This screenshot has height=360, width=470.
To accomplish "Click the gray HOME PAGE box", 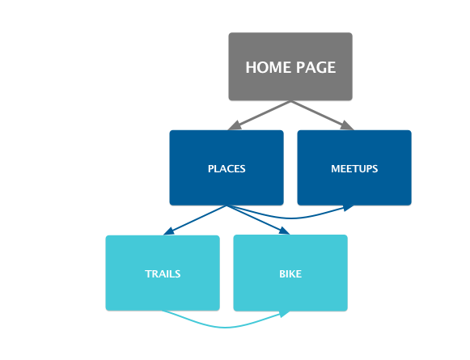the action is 290,66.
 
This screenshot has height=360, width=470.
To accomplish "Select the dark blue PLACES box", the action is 227,167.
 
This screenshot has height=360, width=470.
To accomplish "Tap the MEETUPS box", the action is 354,167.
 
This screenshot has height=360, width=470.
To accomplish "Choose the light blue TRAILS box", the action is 163,273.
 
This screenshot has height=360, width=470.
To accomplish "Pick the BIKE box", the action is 290,273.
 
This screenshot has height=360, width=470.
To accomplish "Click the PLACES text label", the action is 227,169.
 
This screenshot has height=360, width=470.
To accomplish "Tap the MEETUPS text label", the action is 354,169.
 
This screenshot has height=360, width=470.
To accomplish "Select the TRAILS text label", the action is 163,274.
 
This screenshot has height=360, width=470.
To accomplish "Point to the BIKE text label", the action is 290,274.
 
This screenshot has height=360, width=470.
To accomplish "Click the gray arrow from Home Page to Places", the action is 259,116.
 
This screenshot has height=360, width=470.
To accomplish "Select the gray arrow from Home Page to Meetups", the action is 322,116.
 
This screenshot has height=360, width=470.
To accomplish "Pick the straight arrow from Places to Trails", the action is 195,220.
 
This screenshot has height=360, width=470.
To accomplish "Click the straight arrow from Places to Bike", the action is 258,220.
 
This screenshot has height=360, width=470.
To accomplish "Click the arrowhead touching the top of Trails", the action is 168,231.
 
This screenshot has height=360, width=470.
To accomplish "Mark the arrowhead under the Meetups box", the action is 349,207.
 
